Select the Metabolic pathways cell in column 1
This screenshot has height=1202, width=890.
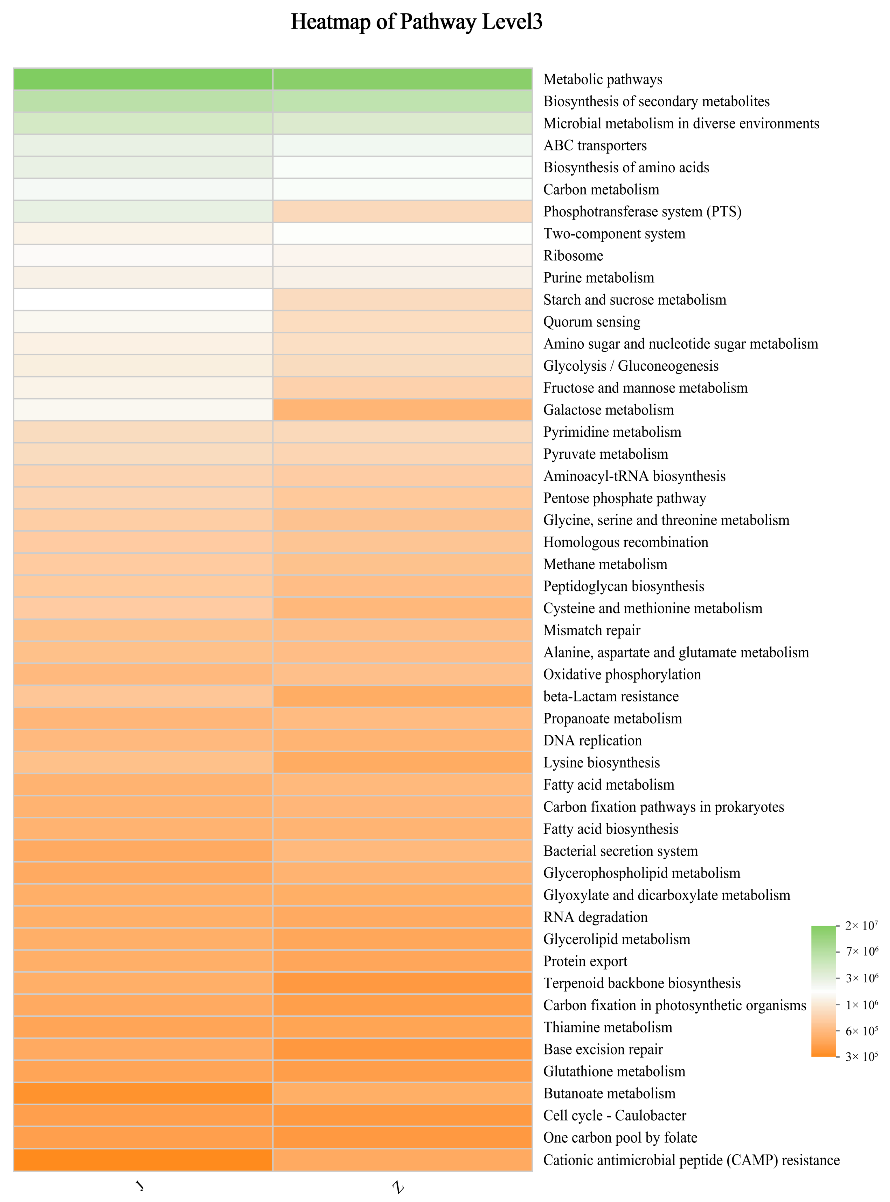pyautogui.click(x=143, y=79)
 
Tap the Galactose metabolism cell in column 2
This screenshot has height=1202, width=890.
pyautogui.click(x=403, y=409)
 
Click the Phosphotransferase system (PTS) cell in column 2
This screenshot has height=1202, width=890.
pyautogui.click(x=403, y=211)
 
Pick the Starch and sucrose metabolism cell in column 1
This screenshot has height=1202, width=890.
pyautogui.click(x=143, y=300)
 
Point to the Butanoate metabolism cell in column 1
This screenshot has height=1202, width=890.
pyautogui.click(x=143, y=1093)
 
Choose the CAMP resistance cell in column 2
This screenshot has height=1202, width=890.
pyautogui.click(x=403, y=1160)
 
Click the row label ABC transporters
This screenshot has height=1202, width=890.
pyautogui.click(x=595, y=145)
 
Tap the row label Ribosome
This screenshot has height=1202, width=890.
pyautogui.click(x=573, y=255)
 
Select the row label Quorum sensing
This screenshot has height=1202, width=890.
pyautogui.click(x=592, y=322)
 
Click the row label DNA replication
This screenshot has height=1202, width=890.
pyautogui.click(x=592, y=740)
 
